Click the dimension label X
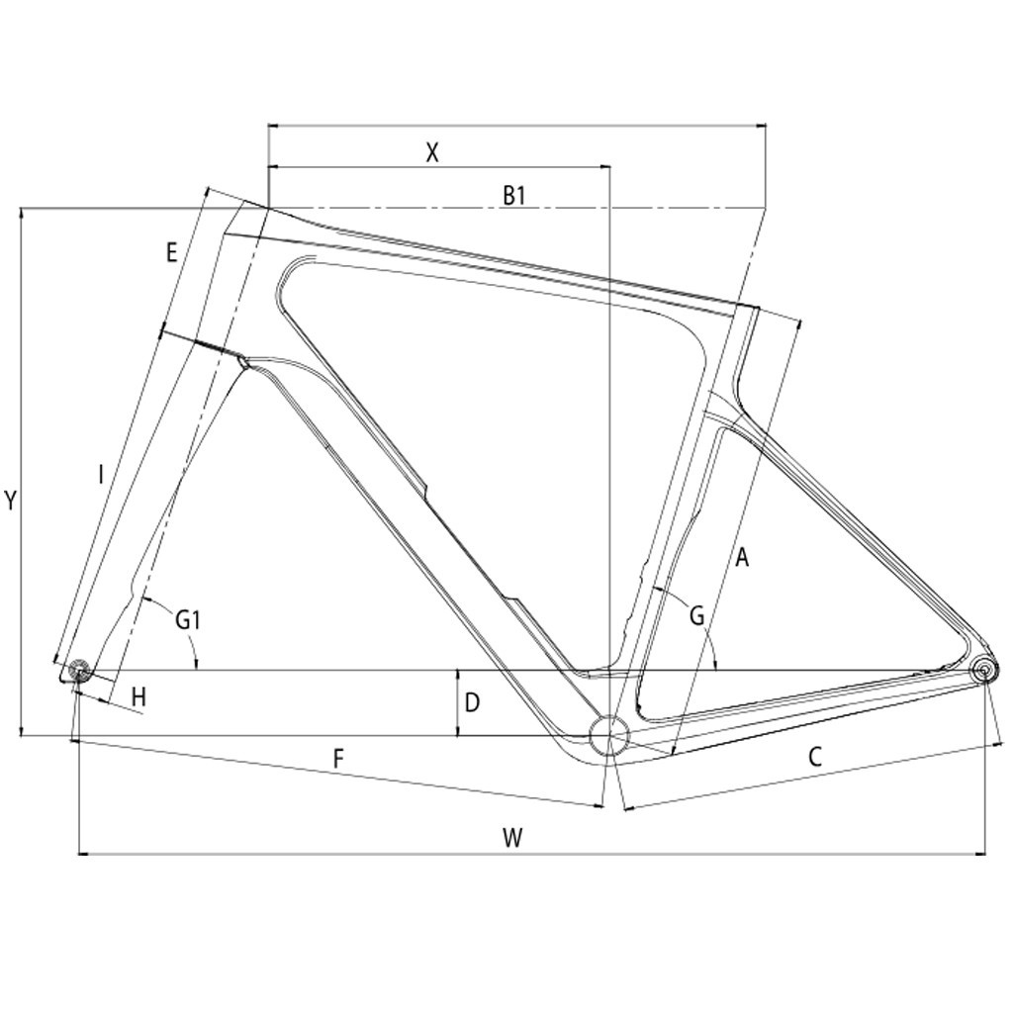coord(433,152)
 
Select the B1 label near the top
coord(514,195)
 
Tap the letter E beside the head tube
coord(171,252)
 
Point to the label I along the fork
coord(101,475)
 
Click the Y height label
coord(10,501)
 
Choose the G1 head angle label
coord(189,620)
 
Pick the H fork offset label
coord(138,697)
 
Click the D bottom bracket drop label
coord(472,702)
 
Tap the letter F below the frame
coord(338,759)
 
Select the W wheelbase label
coord(512,838)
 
